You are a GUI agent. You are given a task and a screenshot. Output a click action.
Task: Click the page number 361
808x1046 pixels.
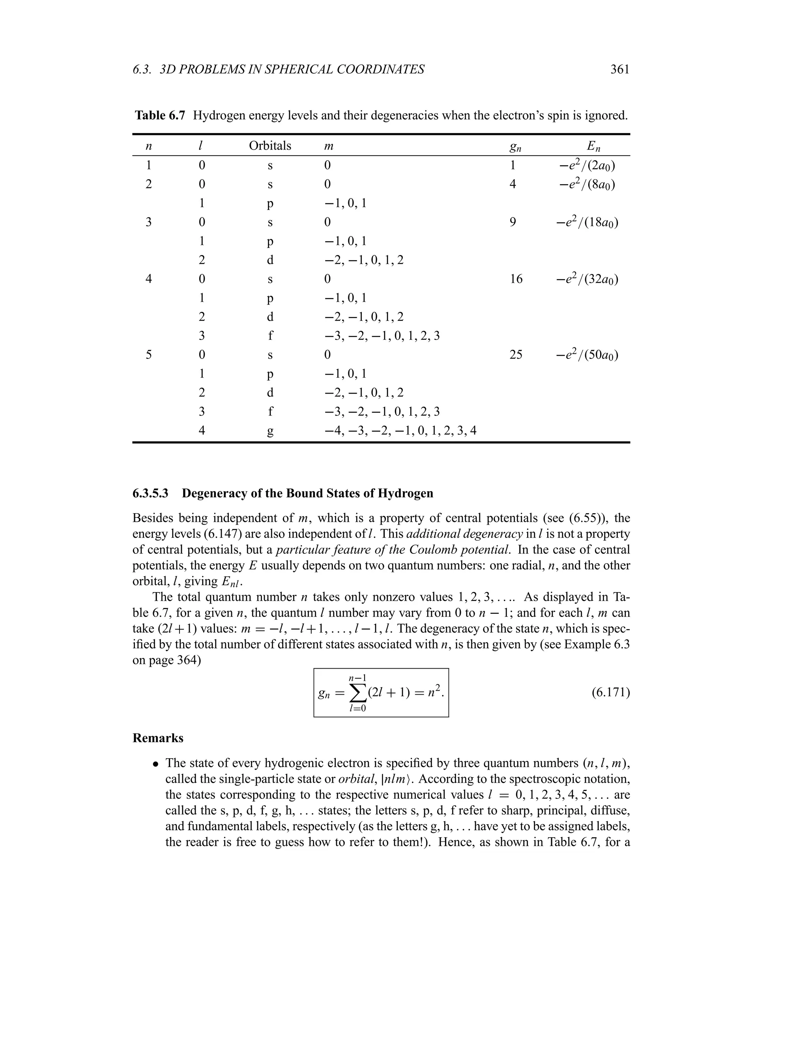[619, 69]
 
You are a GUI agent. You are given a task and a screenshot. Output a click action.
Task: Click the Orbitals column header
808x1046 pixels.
[269, 146]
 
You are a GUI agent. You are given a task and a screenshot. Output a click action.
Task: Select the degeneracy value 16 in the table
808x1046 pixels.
[516, 279]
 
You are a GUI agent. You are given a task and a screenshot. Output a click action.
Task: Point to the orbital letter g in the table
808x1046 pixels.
[270, 431]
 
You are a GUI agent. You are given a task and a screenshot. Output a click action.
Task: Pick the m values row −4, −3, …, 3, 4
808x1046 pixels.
[400, 431]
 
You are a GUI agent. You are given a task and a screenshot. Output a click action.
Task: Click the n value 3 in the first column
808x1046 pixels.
[148, 222]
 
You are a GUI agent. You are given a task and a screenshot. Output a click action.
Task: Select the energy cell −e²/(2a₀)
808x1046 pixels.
[587, 166]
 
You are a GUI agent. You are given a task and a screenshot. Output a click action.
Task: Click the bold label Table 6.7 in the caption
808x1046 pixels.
[159, 115]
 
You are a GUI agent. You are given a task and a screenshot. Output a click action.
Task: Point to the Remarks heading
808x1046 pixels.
[157, 738]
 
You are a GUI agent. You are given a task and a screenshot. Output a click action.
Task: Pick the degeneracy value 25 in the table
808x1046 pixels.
[516, 355]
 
